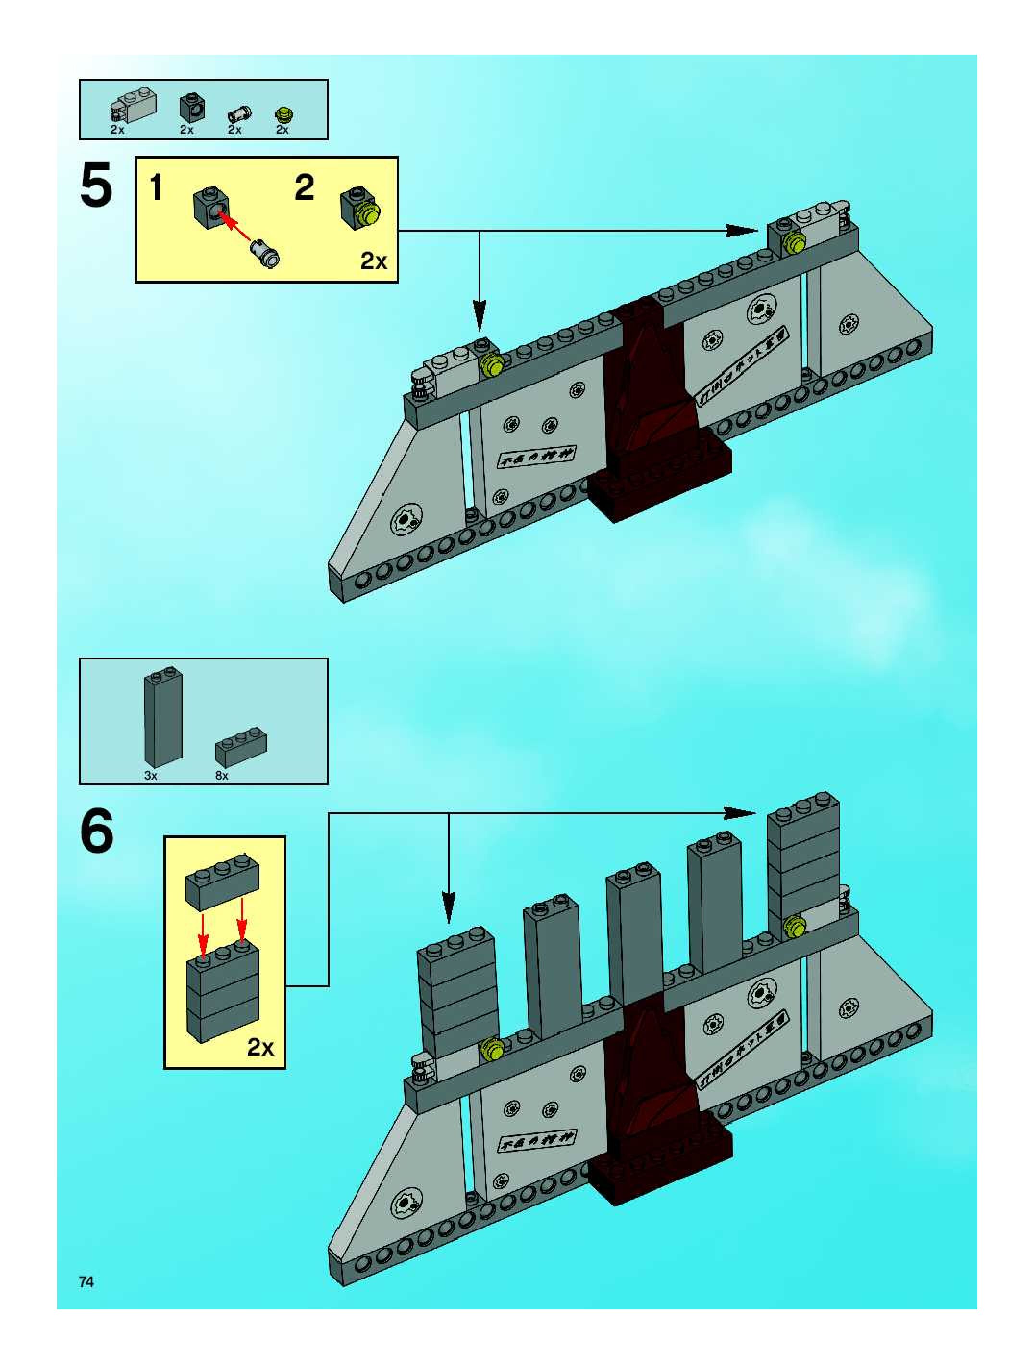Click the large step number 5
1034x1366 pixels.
click(96, 185)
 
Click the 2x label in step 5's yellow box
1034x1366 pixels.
click(373, 261)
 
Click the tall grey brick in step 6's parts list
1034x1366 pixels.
click(163, 716)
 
